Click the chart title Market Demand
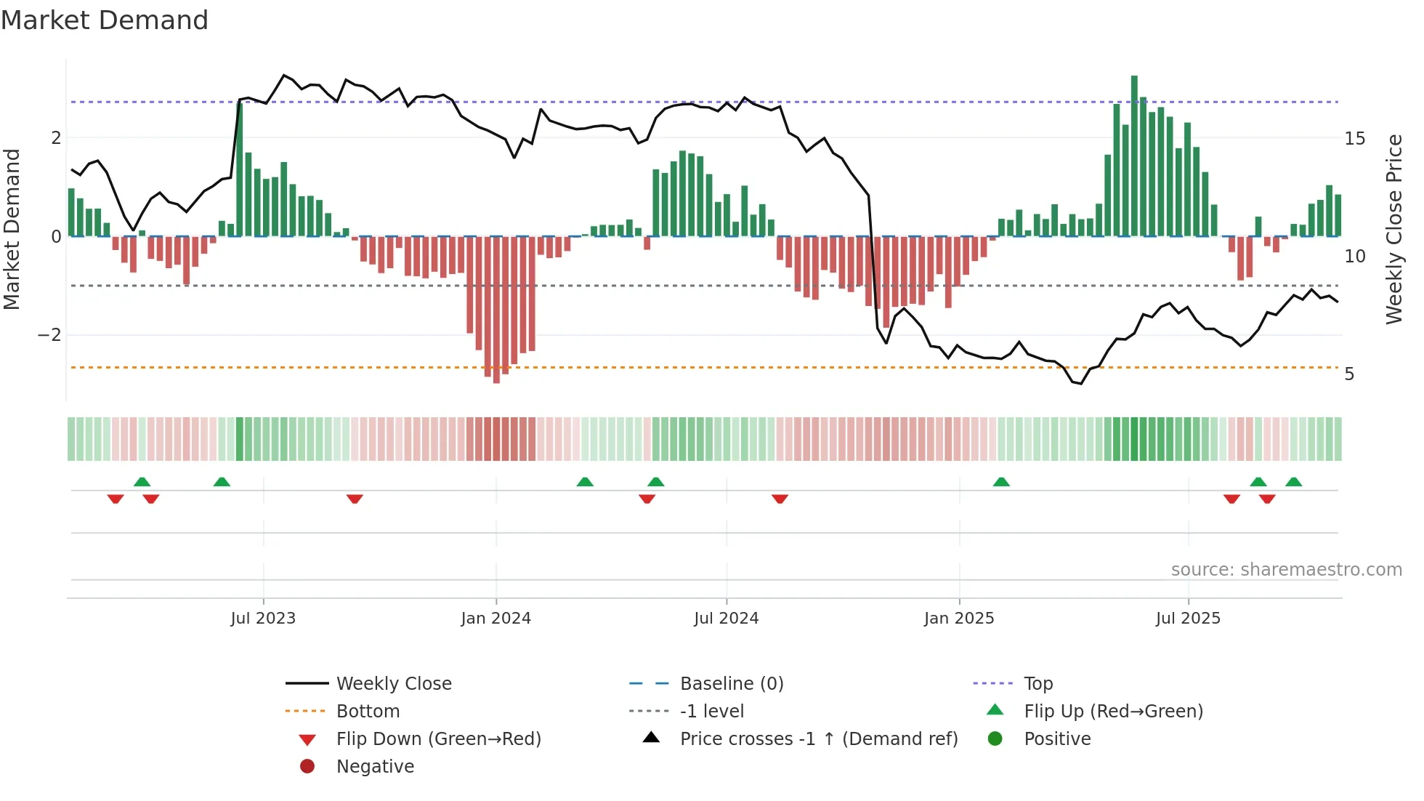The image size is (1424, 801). coord(105,20)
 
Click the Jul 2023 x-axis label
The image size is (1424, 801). coord(263,619)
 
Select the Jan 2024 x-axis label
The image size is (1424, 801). coord(496,619)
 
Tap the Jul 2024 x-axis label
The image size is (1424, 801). coord(727,619)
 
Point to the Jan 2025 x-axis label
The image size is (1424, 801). coord(959,619)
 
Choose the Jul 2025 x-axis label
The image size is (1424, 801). coord(1189,619)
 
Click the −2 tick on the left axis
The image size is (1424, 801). coord(49,335)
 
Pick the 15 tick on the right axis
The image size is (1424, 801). coord(1355,138)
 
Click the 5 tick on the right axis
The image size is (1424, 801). coord(1349,374)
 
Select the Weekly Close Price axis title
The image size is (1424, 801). coord(1394,229)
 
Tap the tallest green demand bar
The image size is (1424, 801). coord(1134,156)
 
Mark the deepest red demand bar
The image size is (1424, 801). coord(496,309)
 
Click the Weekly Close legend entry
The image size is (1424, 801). coord(394,684)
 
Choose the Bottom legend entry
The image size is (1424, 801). coord(368,712)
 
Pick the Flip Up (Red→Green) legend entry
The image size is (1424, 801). coord(1113,712)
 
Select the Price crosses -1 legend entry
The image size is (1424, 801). coord(819,739)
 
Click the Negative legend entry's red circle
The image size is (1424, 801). coord(307,767)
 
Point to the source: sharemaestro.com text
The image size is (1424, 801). coord(1286,570)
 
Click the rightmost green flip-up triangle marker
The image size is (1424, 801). coord(1293,482)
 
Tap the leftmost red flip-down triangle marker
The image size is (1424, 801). coord(116,499)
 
